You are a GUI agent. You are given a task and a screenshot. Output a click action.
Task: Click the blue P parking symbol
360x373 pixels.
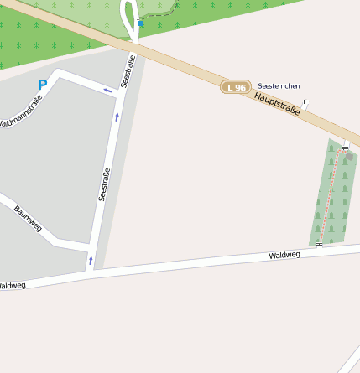(43, 85)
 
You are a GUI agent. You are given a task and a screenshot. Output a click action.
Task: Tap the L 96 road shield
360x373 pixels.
(236, 87)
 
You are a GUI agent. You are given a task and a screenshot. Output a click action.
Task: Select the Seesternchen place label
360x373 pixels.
(279, 85)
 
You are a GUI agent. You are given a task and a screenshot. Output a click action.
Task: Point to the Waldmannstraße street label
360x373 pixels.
(21, 113)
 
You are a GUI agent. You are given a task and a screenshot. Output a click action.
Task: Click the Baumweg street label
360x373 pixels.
(28, 217)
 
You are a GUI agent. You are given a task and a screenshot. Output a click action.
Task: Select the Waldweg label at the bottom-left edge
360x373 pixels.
(12, 285)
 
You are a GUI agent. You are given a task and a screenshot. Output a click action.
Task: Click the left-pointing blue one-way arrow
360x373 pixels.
(107, 90)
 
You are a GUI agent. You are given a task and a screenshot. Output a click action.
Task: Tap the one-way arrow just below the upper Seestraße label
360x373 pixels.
(117, 117)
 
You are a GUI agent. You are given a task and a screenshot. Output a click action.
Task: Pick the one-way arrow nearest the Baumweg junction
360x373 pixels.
(91, 261)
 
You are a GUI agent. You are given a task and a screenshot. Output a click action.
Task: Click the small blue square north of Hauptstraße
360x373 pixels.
(141, 24)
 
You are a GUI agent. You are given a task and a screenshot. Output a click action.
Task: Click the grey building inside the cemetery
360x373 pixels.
(349, 155)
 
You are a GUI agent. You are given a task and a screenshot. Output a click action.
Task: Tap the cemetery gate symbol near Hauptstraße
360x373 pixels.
(345, 147)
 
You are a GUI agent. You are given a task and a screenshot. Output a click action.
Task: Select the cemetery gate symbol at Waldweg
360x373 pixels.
(320, 244)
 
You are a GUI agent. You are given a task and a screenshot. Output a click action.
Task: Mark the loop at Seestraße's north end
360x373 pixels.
(130, 17)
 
